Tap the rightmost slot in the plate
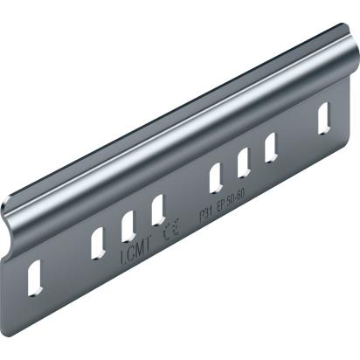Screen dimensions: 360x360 [x=324, y=114]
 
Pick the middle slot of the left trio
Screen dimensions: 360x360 [x=128, y=225]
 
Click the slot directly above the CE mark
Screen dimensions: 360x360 [x=158, y=209]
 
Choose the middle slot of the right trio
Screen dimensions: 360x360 [x=243, y=161]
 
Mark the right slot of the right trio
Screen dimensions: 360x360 [x=271, y=146]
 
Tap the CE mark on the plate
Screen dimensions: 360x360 [x=170, y=232]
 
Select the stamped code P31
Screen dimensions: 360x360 [x=206, y=212]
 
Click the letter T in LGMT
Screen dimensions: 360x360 [x=147, y=246]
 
